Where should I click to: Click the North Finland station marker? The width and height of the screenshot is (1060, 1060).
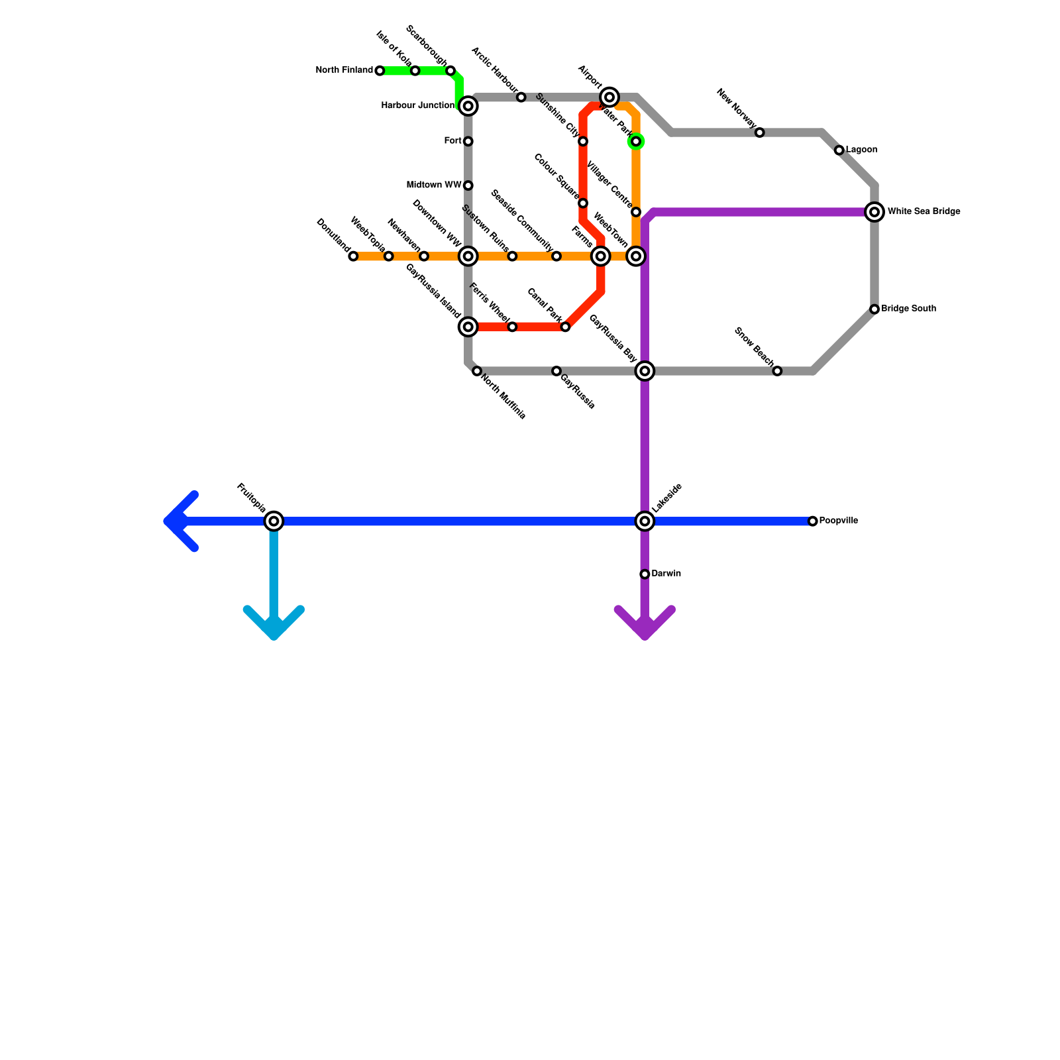coord(380,71)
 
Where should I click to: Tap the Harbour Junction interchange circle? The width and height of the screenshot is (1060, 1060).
coord(468,106)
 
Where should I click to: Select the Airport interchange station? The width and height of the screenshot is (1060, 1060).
coord(609,97)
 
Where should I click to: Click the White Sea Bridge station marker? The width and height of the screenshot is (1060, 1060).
coord(874,212)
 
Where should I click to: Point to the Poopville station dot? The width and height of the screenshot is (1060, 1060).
coord(813,521)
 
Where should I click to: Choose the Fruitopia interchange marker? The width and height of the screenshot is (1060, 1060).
coord(274,521)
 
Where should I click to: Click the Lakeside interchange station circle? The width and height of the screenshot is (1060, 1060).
coord(645,521)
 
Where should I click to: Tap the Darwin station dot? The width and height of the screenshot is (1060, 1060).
coord(645,574)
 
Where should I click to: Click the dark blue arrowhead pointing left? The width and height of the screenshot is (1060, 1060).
coord(176,521)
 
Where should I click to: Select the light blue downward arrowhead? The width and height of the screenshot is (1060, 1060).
coord(274,626)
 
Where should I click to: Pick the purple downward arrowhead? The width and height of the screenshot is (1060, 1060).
coord(645,626)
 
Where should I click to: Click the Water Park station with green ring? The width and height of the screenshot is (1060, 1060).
coord(636,141)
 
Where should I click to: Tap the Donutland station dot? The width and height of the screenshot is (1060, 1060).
coord(353,256)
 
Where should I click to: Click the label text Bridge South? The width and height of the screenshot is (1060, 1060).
coord(908,309)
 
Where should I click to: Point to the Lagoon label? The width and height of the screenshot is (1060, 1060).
coord(861,150)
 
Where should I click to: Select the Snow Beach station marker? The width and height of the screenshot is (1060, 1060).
coord(777,371)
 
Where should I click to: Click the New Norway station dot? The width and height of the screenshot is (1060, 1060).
coord(760,132)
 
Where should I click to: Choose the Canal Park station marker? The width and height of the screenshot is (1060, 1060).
coord(565,327)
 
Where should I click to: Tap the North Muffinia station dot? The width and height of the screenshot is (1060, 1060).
coord(477,371)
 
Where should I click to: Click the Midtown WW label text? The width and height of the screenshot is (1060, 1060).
coord(433,185)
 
